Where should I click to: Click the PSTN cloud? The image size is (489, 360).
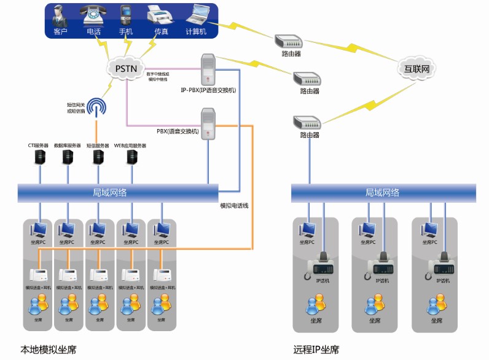127,67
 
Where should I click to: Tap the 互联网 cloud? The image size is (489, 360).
416,68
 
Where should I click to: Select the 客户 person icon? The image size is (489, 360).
60,15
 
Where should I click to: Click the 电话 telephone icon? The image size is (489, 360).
93,15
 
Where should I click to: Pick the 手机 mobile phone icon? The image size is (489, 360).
126,15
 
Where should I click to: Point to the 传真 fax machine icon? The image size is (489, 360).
158,15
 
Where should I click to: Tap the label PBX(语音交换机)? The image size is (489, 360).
178,131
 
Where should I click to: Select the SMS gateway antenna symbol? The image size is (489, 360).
96,108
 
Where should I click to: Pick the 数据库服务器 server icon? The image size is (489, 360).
68,157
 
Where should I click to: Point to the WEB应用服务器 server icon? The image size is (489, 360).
131,157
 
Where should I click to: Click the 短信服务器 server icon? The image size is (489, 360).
98,157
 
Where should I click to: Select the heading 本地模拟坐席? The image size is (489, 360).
49,350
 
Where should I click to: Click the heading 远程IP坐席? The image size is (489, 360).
316,350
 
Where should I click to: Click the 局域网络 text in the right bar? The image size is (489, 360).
382,192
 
